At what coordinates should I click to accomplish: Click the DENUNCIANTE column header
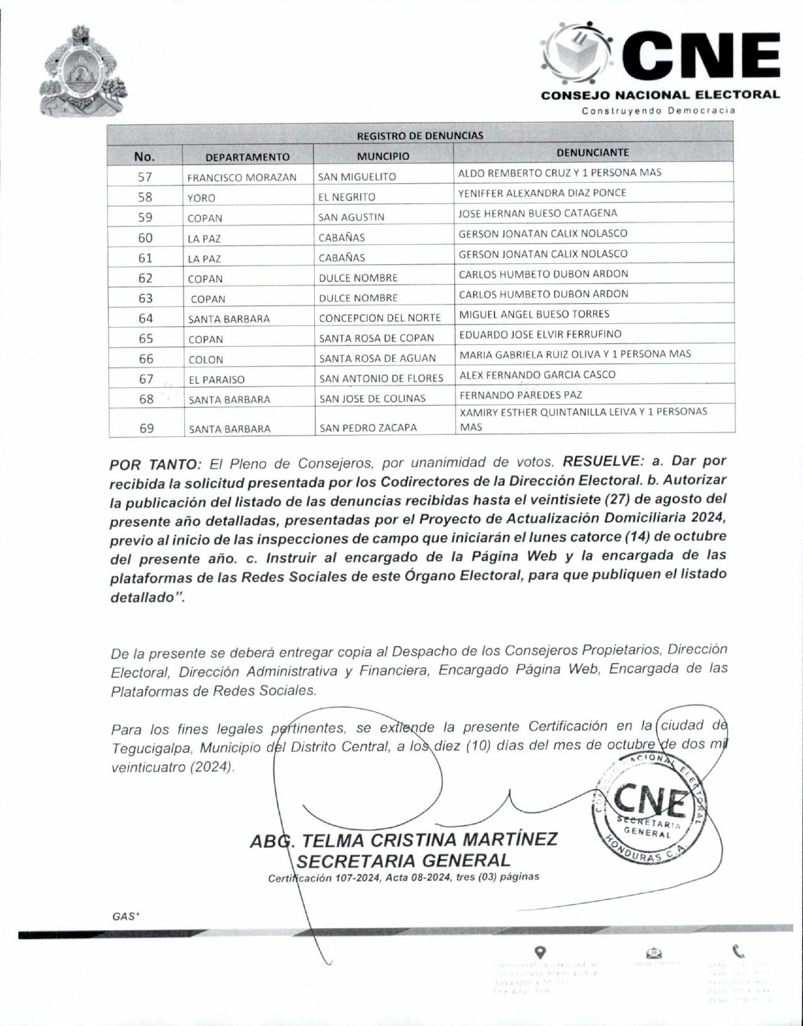pyautogui.click(x=593, y=153)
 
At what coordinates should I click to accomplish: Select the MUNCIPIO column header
pyautogui.click(x=383, y=156)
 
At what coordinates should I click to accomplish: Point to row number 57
pyautogui.click(x=145, y=176)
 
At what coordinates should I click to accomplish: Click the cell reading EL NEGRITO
pyautogui.click(x=347, y=197)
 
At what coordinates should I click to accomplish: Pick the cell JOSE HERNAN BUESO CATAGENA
pyautogui.click(x=537, y=213)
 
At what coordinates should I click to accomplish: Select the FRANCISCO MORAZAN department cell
pyautogui.click(x=242, y=178)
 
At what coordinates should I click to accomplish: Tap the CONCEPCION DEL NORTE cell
pyautogui.click(x=380, y=318)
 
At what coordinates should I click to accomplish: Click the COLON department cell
pyautogui.click(x=206, y=360)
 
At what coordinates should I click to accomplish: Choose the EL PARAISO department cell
pyautogui.click(x=217, y=379)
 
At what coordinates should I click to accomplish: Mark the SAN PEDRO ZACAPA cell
pyautogui.click(x=368, y=428)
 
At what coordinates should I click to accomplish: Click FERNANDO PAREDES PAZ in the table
pyautogui.click(x=521, y=395)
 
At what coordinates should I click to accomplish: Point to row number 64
pyautogui.click(x=145, y=318)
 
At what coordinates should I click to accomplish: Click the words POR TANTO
pyautogui.click(x=155, y=465)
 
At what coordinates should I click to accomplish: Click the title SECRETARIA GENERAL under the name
pyautogui.click(x=403, y=860)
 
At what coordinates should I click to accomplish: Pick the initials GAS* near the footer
pyautogui.click(x=125, y=916)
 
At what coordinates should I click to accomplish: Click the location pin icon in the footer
pyautogui.click(x=540, y=952)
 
